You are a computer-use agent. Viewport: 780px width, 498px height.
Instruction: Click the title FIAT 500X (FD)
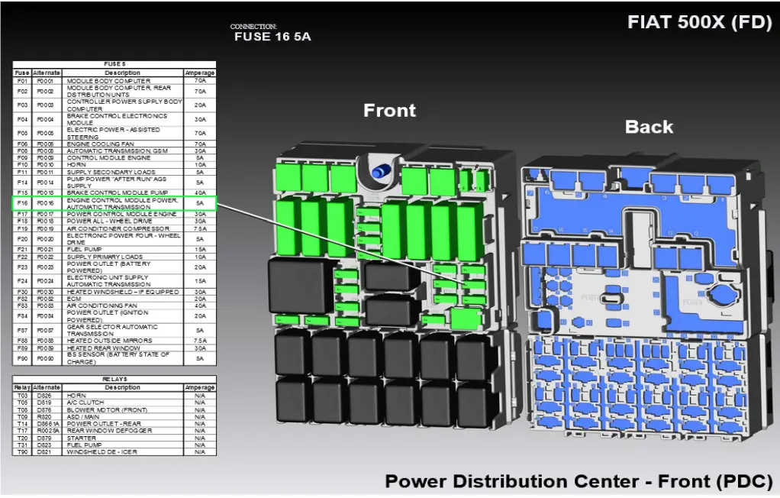coord(699,22)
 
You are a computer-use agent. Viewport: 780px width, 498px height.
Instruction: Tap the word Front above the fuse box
coord(389,111)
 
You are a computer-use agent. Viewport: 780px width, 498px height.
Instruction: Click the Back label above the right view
coord(649,127)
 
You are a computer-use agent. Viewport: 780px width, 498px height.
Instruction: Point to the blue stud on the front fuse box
coord(377,172)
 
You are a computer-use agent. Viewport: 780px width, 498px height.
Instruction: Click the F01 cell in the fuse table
coord(22,80)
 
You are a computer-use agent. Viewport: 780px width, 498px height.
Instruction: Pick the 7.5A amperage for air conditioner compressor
coord(199,228)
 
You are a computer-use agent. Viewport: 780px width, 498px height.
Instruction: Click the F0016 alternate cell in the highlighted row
coord(46,203)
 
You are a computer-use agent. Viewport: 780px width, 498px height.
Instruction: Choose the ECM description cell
coord(75,299)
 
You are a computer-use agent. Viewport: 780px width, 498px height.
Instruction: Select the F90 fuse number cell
coord(22,358)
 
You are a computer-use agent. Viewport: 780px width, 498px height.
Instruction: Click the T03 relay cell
coord(22,396)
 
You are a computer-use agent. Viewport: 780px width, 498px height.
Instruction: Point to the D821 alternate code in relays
coord(46,452)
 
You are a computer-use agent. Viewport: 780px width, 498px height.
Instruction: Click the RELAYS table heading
coord(114,379)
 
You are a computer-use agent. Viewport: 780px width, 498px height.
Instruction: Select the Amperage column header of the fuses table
coord(199,73)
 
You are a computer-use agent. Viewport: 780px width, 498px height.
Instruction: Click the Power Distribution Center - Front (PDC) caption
coord(579,482)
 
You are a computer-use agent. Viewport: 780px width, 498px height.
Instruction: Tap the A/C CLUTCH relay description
coord(85,403)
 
